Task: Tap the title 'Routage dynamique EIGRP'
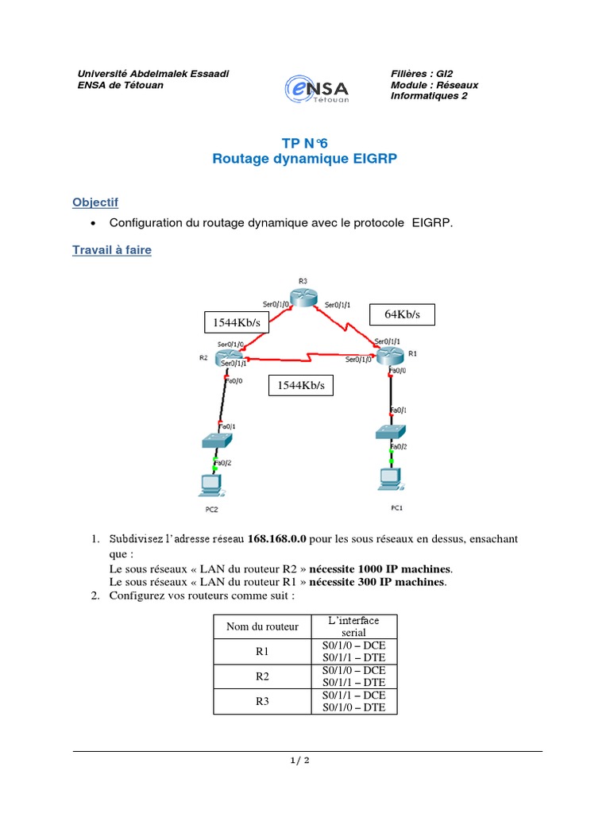pyautogui.click(x=304, y=159)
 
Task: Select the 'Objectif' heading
pyautogui.click(x=95, y=203)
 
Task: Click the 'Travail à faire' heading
pyautogui.click(x=112, y=250)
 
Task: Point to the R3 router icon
pyautogui.click(x=303, y=295)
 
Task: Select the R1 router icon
pyautogui.click(x=389, y=356)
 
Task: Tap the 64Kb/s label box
pyautogui.click(x=403, y=314)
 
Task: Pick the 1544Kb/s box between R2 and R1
pyautogui.click(x=301, y=386)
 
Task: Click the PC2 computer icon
pyautogui.click(x=210, y=484)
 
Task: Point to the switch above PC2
pyautogui.click(x=216, y=439)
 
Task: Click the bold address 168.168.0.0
pyautogui.click(x=277, y=539)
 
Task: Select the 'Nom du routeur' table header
pyautogui.click(x=262, y=626)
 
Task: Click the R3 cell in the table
pyautogui.click(x=262, y=701)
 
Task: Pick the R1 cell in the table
pyautogui.click(x=262, y=651)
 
